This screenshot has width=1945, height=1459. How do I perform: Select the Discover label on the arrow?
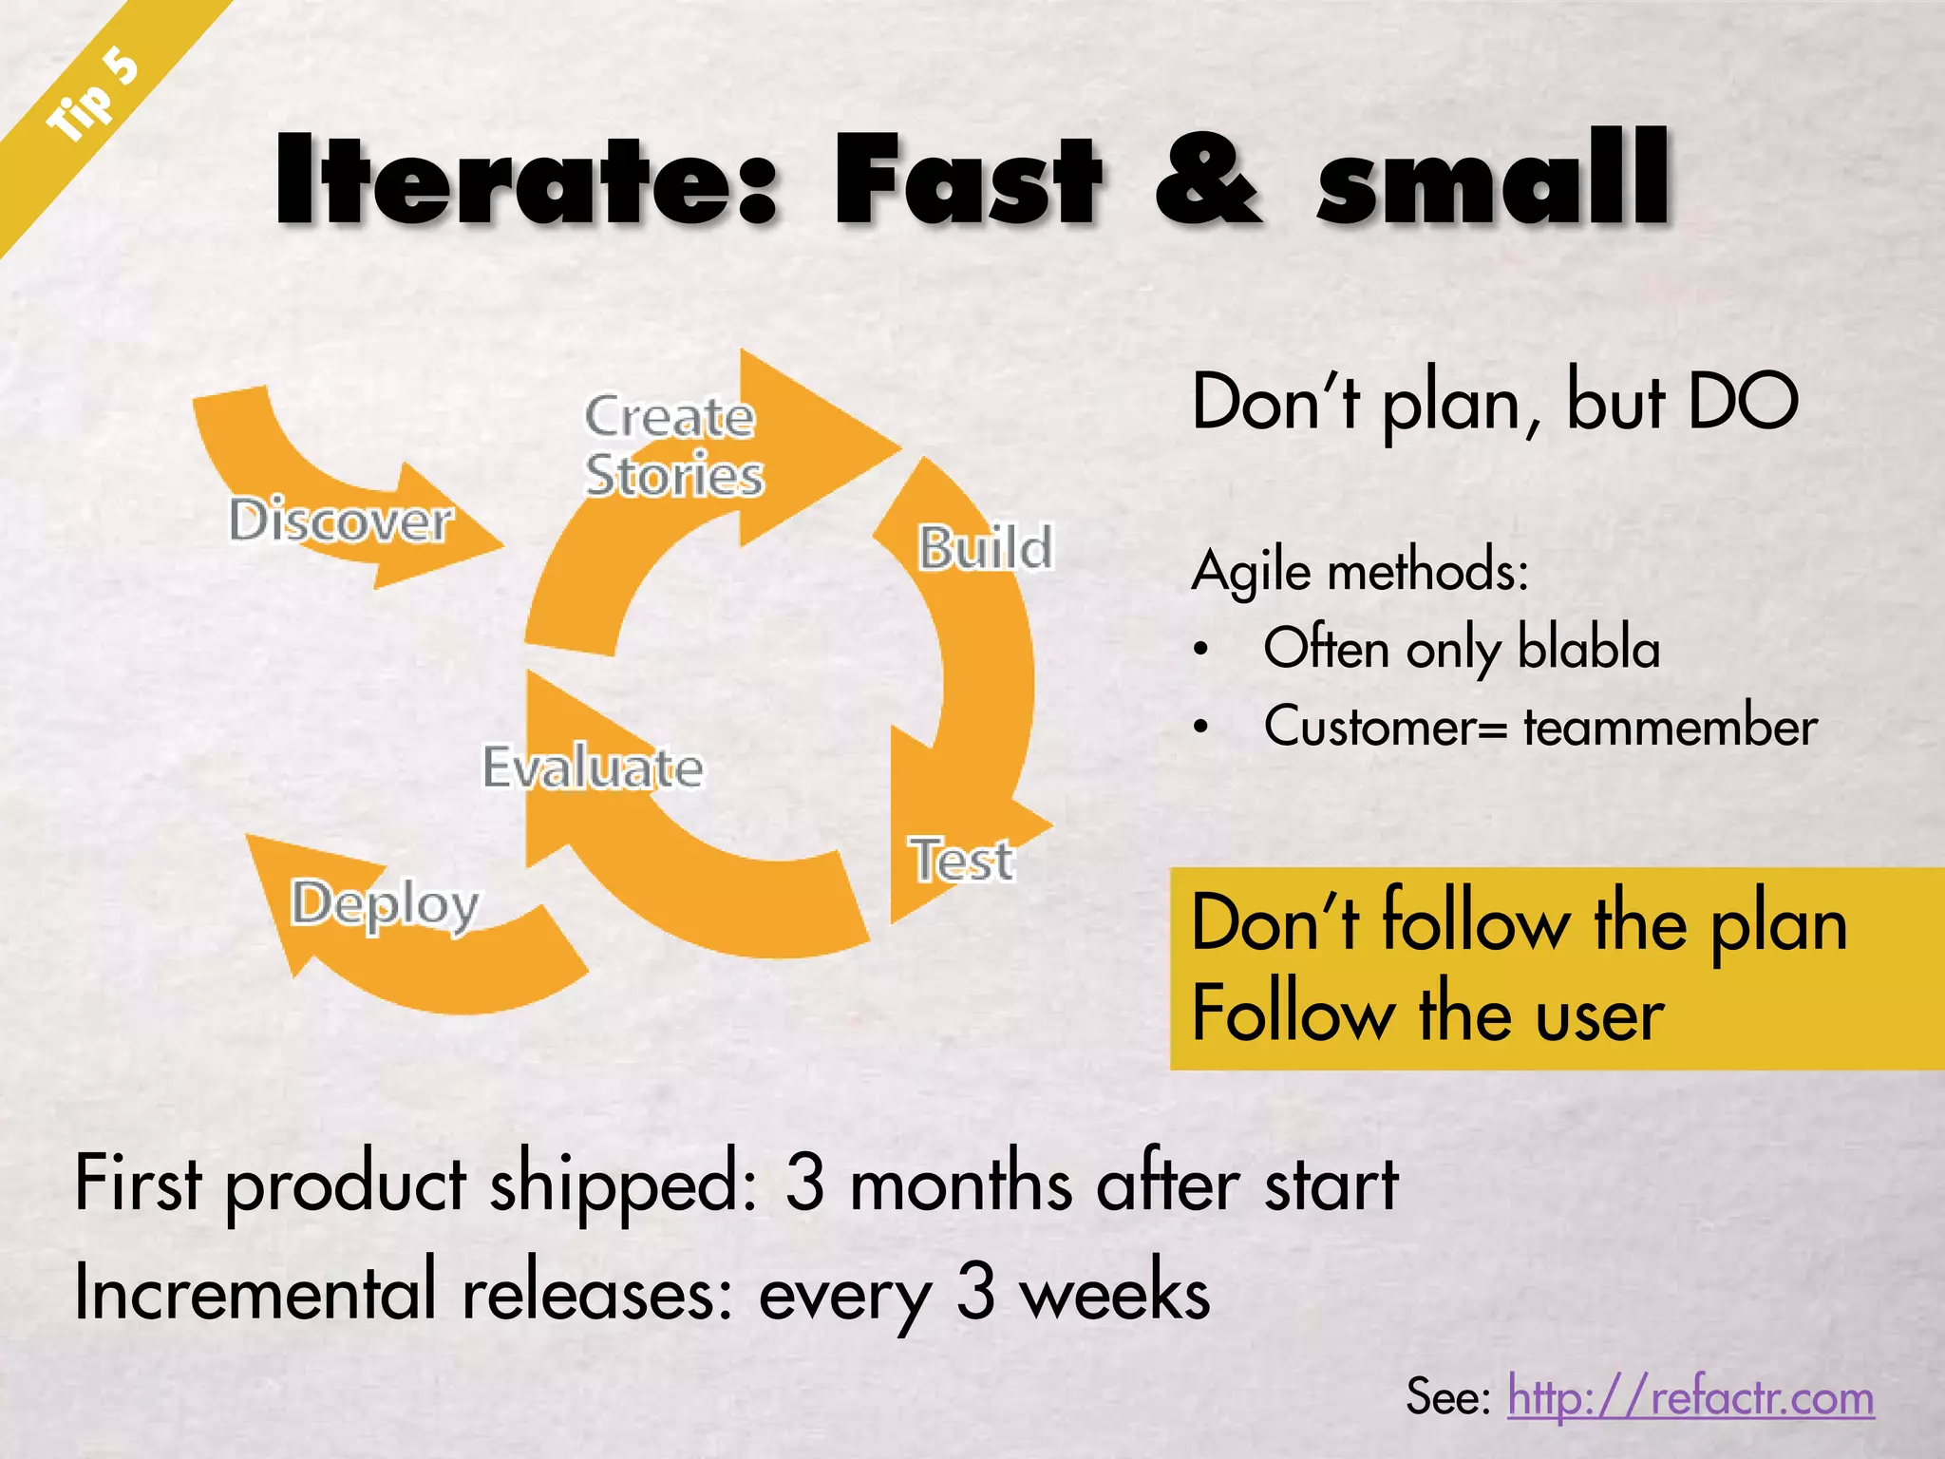point(340,521)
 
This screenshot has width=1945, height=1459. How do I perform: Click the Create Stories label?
point(672,445)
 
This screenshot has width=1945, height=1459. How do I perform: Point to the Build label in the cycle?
point(985,548)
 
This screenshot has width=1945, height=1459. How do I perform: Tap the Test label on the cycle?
point(963,860)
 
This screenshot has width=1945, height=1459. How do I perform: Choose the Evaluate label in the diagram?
point(593,767)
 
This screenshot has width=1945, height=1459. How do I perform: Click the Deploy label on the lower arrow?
point(385,904)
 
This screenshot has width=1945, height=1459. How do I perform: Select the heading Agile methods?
point(1359,572)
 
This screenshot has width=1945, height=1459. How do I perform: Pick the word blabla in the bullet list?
point(1589,649)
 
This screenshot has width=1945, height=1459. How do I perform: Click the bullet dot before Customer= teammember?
point(1201,728)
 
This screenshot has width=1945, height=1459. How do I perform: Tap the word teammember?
point(1671,728)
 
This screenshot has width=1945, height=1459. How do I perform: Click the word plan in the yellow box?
point(1778,927)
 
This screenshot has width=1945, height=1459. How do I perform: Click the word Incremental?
point(255,1294)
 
